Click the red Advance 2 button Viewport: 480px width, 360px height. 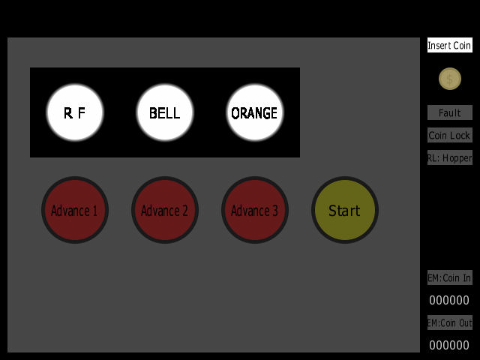(x=165, y=210)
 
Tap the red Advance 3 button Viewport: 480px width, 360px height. (x=255, y=210)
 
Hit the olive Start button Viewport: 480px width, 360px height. (x=345, y=210)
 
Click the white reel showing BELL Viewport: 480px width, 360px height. (x=165, y=112)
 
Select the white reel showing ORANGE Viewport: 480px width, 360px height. (x=255, y=112)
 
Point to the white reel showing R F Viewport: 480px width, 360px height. (x=75, y=112)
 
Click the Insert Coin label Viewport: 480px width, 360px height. (x=450, y=45)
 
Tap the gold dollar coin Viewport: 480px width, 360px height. (x=450, y=79)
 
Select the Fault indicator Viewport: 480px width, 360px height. (x=450, y=112)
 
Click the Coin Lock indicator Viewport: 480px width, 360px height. (x=450, y=135)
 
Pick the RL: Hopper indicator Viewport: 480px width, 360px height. (x=450, y=157)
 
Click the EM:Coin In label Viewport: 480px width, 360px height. (x=450, y=277)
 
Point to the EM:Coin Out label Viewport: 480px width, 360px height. (x=450, y=322)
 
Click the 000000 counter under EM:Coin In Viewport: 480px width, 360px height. (x=449, y=300)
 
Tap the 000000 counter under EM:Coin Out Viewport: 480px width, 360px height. (x=449, y=345)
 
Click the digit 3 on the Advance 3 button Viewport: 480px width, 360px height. (x=275, y=211)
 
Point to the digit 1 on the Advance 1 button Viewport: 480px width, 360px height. (x=95, y=211)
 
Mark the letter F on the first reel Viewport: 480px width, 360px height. (x=82, y=113)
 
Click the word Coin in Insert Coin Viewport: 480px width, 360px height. (x=462, y=45)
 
